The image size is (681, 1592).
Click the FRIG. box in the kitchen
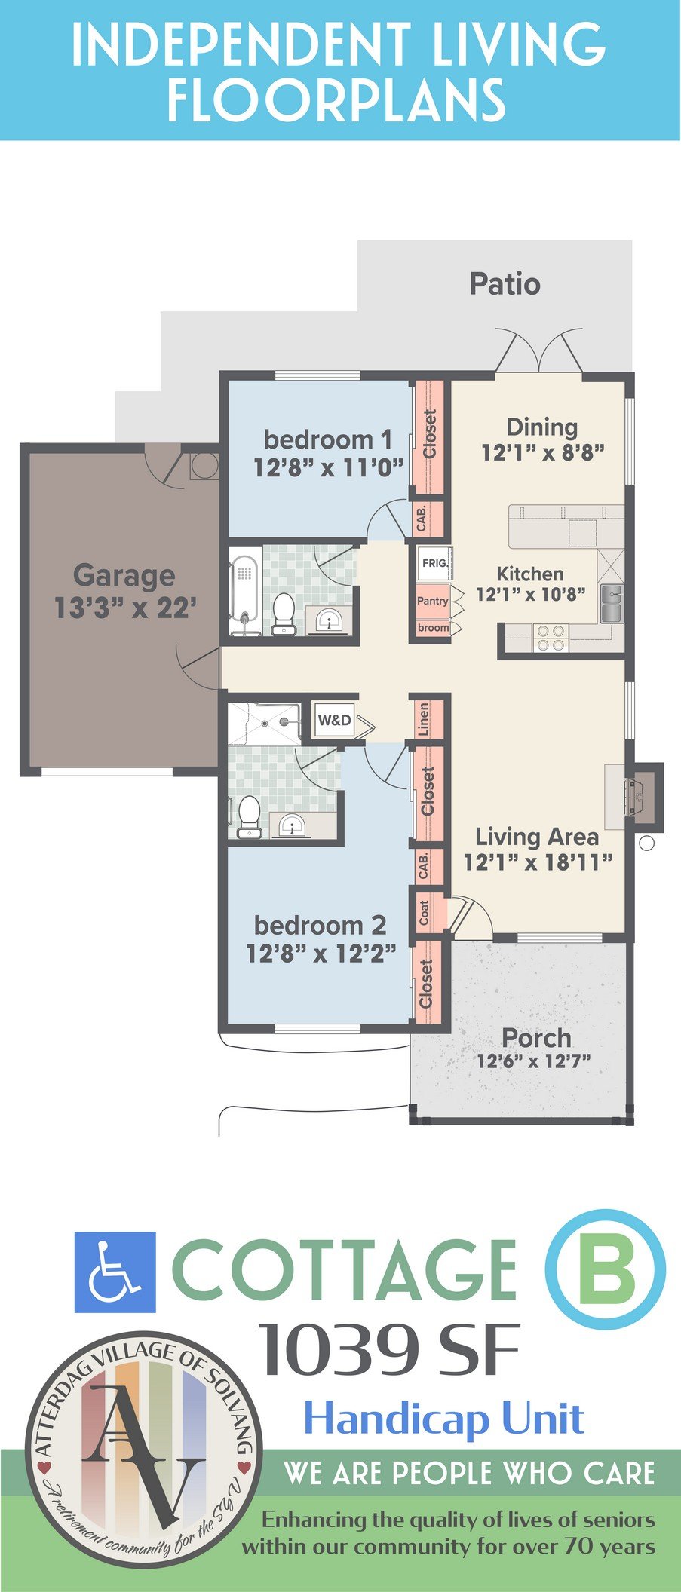click(434, 562)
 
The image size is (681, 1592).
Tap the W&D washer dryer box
click(334, 720)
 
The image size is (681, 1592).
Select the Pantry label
click(433, 601)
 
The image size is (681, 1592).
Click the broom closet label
click(433, 628)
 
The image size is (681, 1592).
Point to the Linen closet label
click(424, 719)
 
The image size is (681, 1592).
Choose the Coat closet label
click(424, 913)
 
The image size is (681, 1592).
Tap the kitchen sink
click(612, 603)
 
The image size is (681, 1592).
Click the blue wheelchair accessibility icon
click(115, 1272)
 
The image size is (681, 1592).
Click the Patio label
click(505, 284)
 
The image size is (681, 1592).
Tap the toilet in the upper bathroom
click(284, 612)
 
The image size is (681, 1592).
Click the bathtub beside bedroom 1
click(245, 591)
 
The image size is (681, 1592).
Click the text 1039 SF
click(389, 1350)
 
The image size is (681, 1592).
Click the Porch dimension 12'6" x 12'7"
click(533, 1061)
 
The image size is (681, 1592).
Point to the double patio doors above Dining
click(538, 350)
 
